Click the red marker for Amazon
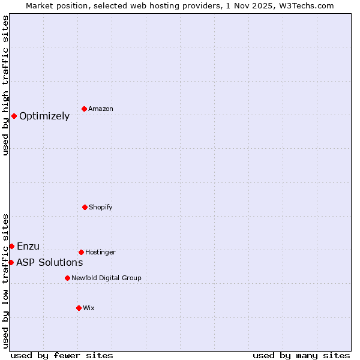pos(84,109)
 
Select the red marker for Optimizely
pos(14,116)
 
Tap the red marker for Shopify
pos(85,207)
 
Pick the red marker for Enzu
pos(11,246)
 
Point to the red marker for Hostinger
pos(81,252)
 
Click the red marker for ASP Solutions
pos(11,262)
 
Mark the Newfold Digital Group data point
pos(67,278)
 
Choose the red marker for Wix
pos(79,308)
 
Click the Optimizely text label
pos(44,116)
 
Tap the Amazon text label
pos(101,109)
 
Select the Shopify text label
pos(101,208)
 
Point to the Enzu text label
pos(28,247)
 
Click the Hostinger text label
pos(100,253)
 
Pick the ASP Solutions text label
pos(49,263)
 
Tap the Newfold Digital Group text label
pos(106,278)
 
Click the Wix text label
pos(89,308)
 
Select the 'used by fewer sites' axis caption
pos(62,356)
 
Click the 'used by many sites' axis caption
pos(301,356)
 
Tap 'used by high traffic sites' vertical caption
pos(5,85)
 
